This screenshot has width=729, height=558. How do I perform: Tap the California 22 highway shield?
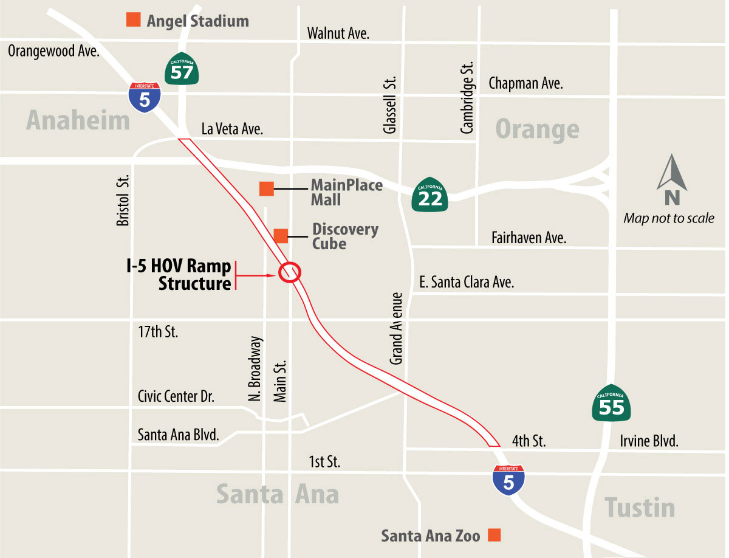[x=430, y=195]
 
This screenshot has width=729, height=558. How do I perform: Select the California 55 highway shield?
[x=611, y=403]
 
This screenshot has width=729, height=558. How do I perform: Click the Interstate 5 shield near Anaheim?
[x=145, y=97]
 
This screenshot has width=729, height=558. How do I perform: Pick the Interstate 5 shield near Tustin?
[x=508, y=478]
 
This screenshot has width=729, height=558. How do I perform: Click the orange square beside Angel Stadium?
[x=134, y=20]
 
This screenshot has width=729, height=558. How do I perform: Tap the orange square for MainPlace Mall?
[x=266, y=188]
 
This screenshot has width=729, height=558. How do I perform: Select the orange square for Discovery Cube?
[x=281, y=235]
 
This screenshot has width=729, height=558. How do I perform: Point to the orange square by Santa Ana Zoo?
[x=494, y=535]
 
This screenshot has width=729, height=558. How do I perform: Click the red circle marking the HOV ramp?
[x=290, y=272]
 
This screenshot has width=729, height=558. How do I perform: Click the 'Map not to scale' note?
[x=669, y=218]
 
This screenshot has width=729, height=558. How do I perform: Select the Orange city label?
[x=537, y=129]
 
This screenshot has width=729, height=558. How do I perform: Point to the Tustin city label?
[x=640, y=506]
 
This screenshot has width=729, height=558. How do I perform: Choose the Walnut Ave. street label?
[x=338, y=33]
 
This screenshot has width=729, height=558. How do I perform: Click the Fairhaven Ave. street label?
[x=529, y=237]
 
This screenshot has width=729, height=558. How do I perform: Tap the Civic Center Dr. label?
[x=176, y=396]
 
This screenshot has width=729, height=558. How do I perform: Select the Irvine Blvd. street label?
[x=649, y=441]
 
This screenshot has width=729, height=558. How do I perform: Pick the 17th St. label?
[x=158, y=332]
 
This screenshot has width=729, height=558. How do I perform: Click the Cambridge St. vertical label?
[x=467, y=97]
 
